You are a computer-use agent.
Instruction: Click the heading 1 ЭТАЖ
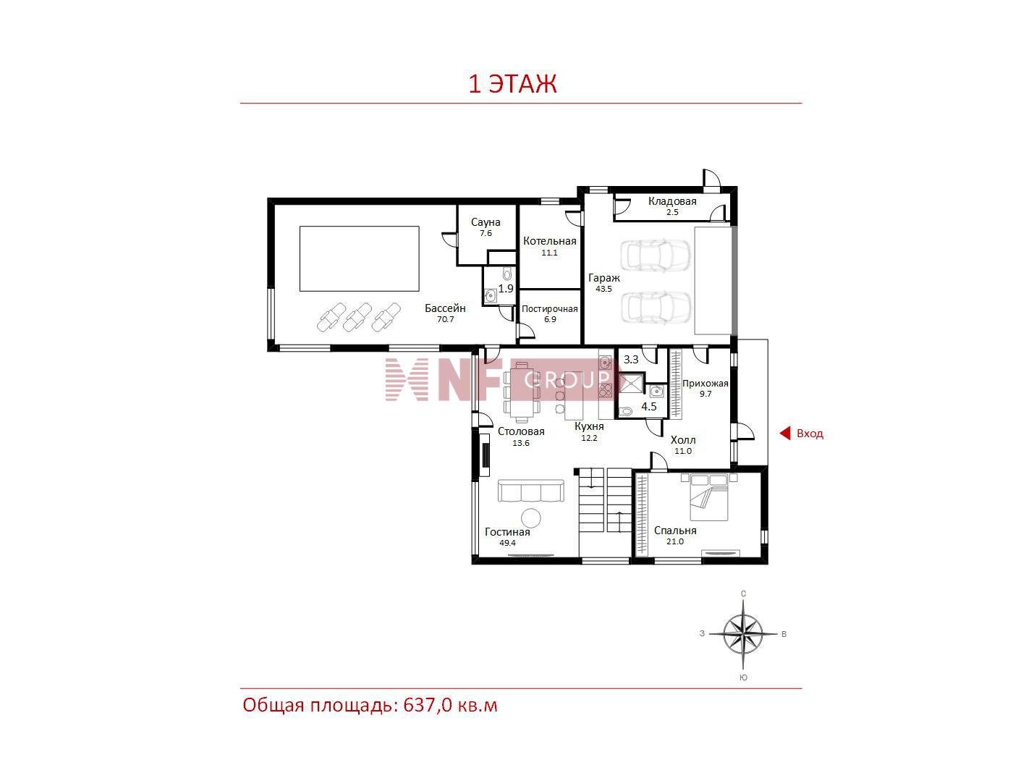(512, 84)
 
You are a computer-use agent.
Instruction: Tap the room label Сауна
(486, 222)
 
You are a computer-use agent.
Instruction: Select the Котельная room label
(549, 241)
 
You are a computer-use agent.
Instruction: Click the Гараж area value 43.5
(603, 290)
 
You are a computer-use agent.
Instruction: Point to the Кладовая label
(672, 201)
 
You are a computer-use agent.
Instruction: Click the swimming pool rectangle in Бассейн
(359, 258)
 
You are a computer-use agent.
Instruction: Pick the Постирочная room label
(549, 309)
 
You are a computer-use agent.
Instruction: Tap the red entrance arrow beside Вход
(785, 434)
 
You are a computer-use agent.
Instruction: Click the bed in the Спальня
(708, 497)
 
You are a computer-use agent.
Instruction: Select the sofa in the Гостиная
(530, 491)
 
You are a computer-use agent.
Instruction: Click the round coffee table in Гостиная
(531, 518)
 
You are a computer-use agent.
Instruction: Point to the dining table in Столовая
(522, 392)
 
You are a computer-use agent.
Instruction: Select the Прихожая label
(705, 384)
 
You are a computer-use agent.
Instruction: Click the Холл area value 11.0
(683, 451)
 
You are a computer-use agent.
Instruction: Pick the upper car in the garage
(655, 255)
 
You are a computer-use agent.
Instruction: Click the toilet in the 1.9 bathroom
(507, 274)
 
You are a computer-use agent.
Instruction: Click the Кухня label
(589, 426)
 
